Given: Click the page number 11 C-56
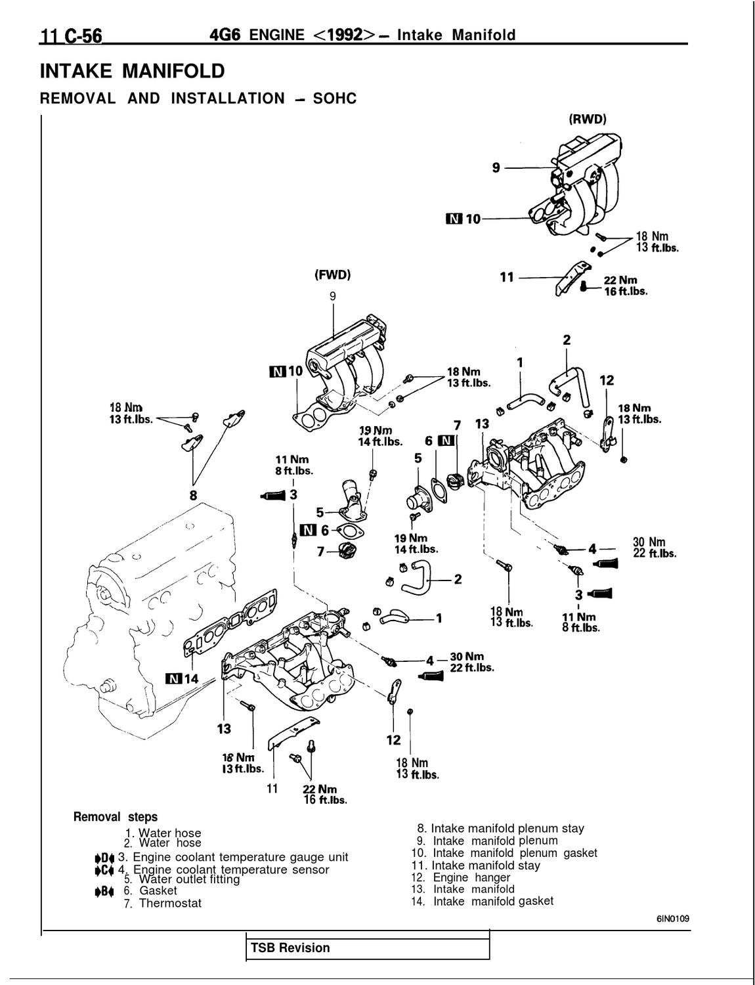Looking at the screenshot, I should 72,35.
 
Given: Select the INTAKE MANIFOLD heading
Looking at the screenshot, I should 132,71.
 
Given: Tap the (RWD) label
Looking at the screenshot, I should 587,120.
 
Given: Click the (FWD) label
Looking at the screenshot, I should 332,275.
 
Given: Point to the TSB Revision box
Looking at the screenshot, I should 367,948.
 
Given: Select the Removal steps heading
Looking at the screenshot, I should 116,817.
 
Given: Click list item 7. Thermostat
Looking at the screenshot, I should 163,903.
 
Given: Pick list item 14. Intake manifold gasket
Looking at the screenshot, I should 492,901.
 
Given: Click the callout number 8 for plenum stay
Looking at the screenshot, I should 193,496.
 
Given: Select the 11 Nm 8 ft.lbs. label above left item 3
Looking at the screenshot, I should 293,464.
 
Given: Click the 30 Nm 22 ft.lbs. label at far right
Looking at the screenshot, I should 654,547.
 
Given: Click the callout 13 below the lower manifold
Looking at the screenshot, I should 224,728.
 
